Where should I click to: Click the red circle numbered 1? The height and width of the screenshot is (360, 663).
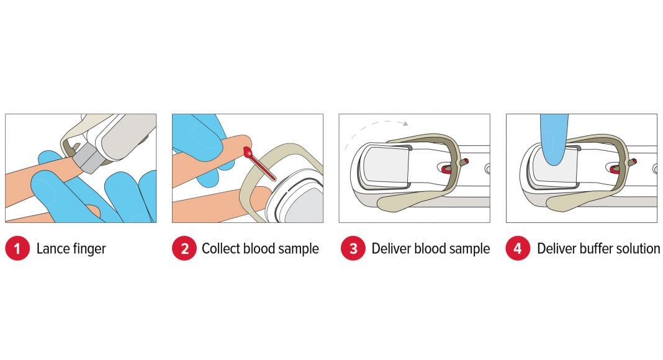click(17, 248)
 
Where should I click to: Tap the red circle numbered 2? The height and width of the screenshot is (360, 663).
click(184, 248)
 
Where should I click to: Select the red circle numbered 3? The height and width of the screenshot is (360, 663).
click(353, 248)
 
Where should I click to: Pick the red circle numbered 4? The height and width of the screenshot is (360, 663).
click(518, 248)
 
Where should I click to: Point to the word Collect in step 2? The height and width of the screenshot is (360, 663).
click(221, 248)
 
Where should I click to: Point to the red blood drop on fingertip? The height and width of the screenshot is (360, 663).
click(248, 151)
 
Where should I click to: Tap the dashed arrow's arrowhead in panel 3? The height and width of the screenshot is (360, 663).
click(406, 124)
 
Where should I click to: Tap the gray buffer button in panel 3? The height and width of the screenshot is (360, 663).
click(384, 164)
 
